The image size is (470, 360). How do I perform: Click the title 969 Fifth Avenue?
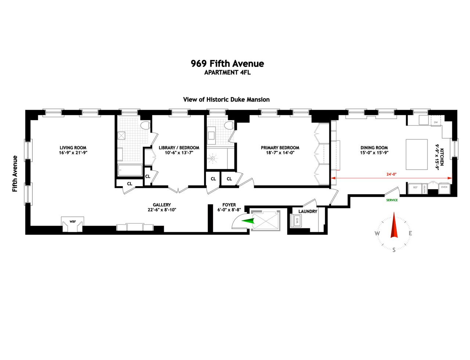[x=227, y=64]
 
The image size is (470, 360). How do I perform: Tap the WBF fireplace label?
[x=73, y=222]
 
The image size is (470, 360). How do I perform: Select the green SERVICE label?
[x=392, y=200]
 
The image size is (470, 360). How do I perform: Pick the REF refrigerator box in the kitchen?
[x=415, y=188]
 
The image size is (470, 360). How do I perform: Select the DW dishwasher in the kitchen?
[x=436, y=122]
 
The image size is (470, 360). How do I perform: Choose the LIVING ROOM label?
[x=73, y=148]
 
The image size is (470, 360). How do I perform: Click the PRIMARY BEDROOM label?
[x=280, y=148]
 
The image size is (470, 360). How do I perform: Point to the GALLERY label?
[x=162, y=205]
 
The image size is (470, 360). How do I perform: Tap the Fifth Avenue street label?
[x=15, y=174]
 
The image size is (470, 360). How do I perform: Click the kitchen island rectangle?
[x=416, y=154]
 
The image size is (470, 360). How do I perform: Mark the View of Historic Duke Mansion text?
[x=227, y=100]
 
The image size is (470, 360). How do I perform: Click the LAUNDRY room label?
[x=308, y=212]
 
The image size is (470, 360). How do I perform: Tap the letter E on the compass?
[x=410, y=233]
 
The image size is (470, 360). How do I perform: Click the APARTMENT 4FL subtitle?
[x=227, y=73]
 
